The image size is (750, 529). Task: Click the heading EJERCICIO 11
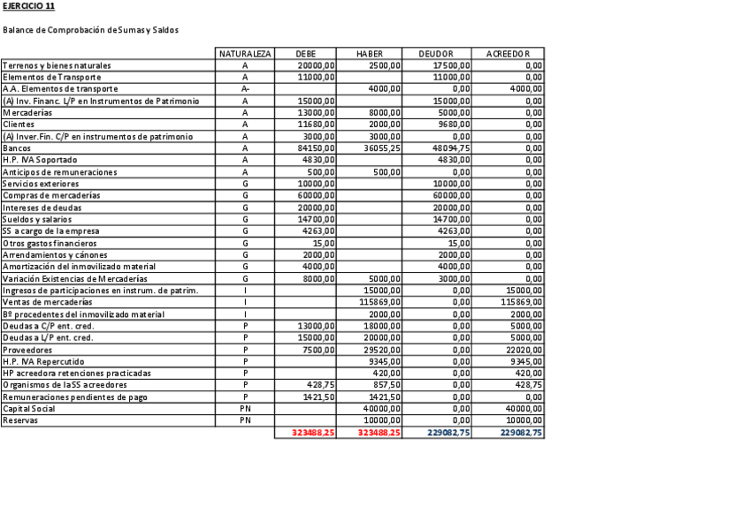click(28, 6)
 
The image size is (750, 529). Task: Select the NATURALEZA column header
click(245, 54)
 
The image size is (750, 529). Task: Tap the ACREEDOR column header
click(508, 54)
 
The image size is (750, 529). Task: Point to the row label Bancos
click(16, 148)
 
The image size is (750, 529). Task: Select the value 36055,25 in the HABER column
click(382, 148)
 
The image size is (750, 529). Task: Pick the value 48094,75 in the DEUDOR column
click(451, 148)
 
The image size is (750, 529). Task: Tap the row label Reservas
click(19, 420)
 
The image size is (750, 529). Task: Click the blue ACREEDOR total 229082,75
click(521, 433)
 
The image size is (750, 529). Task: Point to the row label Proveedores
click(26, 350)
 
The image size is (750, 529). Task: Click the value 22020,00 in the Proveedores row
click(524, 350)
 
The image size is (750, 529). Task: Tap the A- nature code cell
click(245, 89)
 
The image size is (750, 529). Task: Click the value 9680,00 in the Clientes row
click(454, 125)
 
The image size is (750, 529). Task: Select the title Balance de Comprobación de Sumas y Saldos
click(90, 30)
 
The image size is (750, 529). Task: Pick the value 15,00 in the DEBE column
click(324, 243)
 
